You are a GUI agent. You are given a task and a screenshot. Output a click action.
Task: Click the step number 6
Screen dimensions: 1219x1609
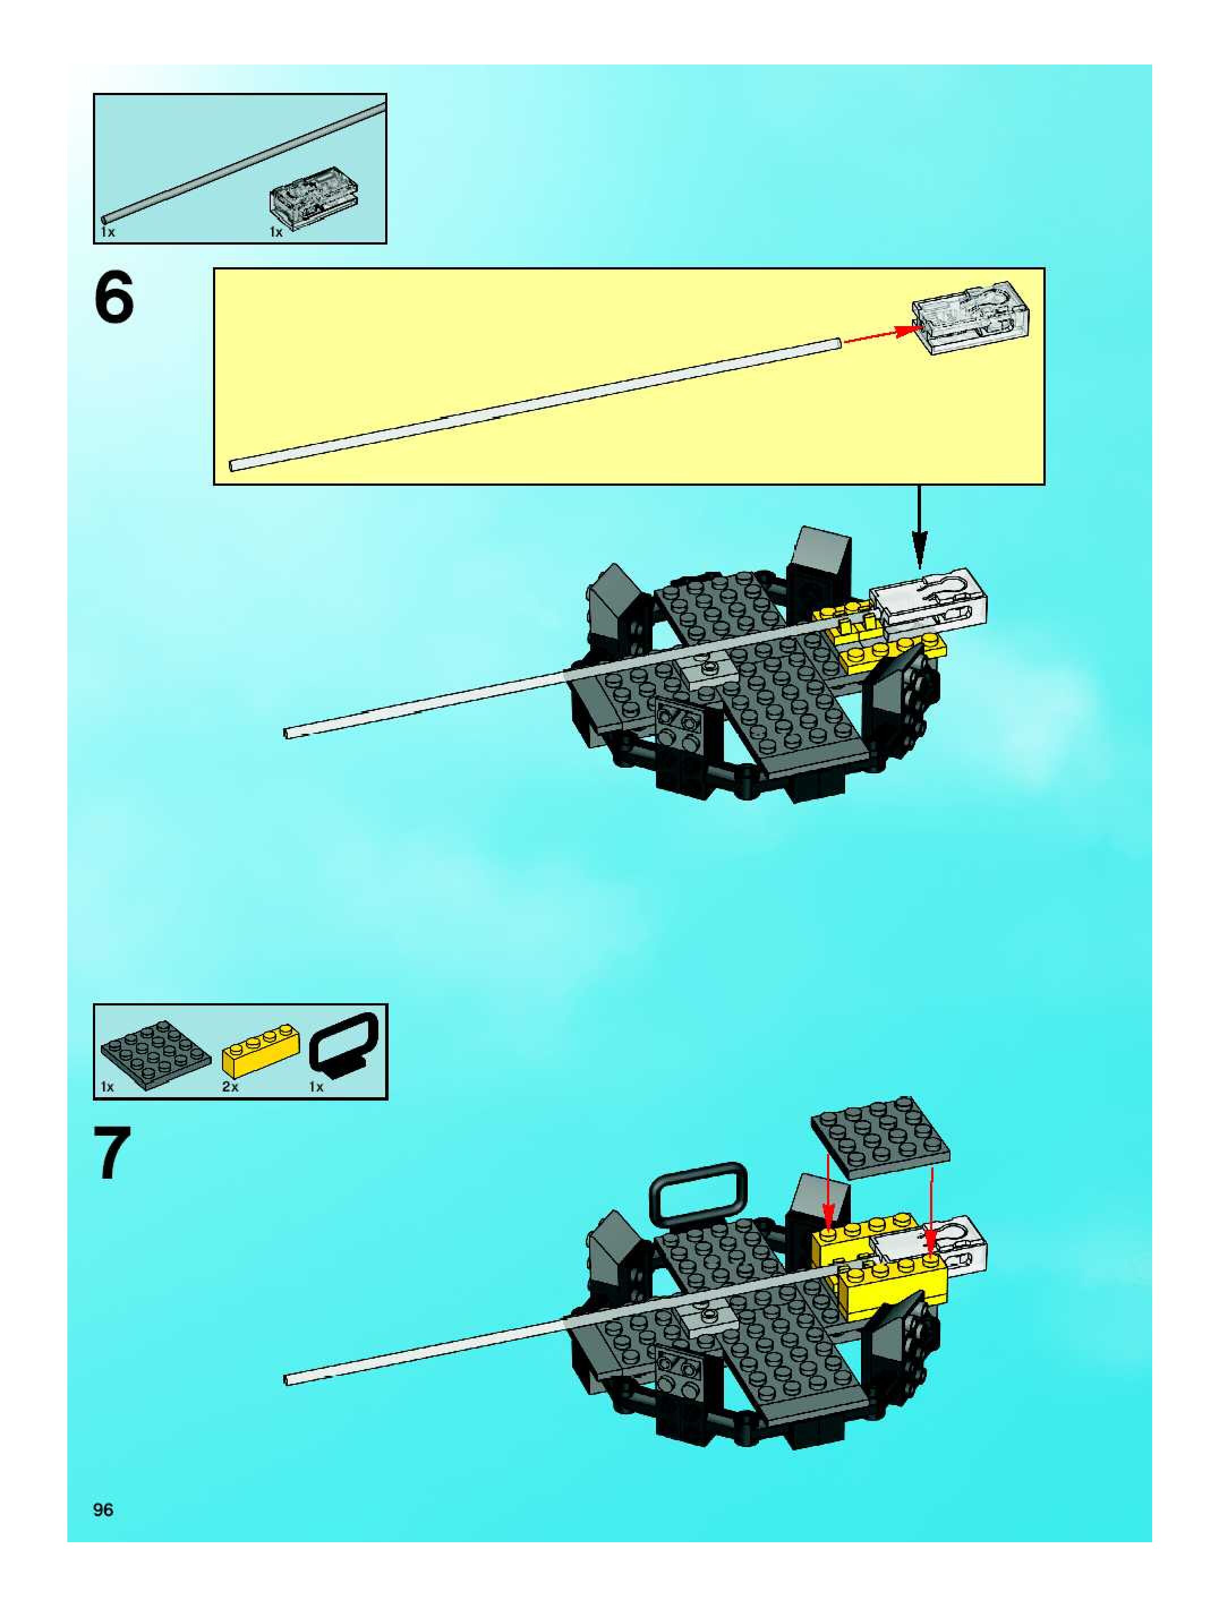[x=114, y=297]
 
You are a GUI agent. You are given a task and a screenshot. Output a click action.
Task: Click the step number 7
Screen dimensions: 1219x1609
[x=113, y=1154]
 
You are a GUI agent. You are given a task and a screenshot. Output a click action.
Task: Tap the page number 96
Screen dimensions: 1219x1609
[x=103, y=1509]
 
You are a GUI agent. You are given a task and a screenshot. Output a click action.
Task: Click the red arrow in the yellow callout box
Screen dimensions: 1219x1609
[x=876, y=335]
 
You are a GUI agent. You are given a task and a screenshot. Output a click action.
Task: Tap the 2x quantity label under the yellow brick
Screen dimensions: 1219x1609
[x=230, y=1087]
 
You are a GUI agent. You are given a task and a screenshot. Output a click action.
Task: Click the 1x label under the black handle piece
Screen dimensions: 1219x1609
[x=316, y=1087]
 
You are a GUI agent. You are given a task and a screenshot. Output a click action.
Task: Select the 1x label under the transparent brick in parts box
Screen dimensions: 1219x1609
[x=276, y=232]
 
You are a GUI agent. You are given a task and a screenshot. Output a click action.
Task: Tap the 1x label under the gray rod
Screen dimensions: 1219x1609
[x=107, y=232]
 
